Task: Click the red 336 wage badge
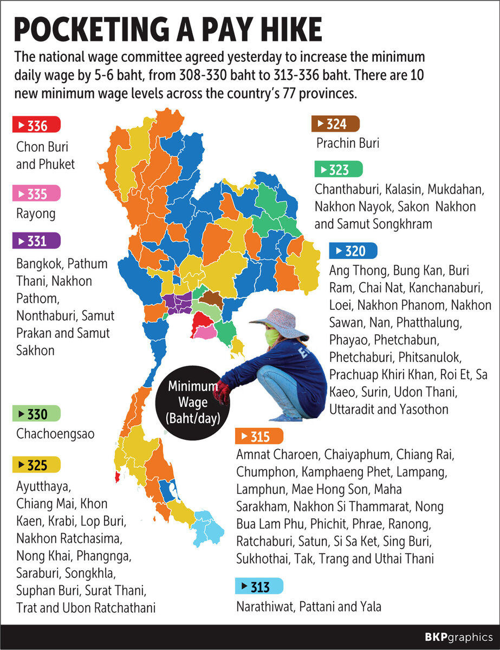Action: tap(36, 126)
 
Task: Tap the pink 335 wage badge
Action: tap(36, 193)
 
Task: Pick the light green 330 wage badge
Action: tap(36, 414)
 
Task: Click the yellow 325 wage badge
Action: tap(36, 464)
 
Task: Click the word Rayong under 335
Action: tap(36, 213)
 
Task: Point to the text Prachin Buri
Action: tap(348, 144)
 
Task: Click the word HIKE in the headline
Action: tap(282, 31)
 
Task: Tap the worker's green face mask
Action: tap(272, 338)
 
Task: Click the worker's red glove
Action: tap(222, 391)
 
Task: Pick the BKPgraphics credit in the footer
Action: tap(458, 636)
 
